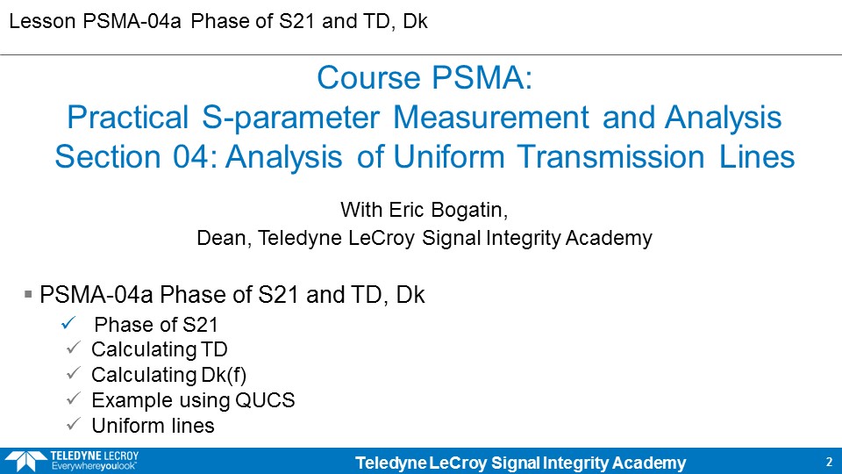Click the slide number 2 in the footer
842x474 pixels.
tap(829, 462)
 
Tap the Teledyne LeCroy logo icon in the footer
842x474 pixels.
tap(25, 461)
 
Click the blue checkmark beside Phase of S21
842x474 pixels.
tap(68, 323)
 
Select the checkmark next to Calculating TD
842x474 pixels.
tap(73, 348)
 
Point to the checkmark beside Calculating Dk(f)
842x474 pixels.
tap(73, 373)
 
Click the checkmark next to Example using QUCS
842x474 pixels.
tap(73, 399)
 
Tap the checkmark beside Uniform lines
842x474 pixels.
tap(73, 423)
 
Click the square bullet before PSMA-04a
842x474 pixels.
tap(28, 294)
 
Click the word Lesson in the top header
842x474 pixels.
tap(42, 21)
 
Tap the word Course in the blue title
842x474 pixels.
tap(368, 77)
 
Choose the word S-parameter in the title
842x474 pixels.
tap(290, 118)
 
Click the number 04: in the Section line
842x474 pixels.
tap(195, 157)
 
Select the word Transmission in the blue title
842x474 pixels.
tap(611, 157)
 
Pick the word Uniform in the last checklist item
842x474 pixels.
tap(126, 426)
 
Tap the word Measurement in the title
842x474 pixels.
tap(491, 118)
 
